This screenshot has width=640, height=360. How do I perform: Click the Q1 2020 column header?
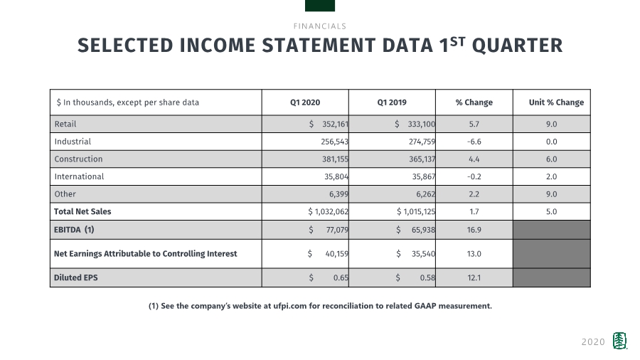(305, 102)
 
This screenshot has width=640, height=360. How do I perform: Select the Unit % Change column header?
(556, 102)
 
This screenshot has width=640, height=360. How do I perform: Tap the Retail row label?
(65, 124)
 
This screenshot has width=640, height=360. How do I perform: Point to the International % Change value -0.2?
(474, 176)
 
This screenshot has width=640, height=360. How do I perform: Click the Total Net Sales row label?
(82, 211)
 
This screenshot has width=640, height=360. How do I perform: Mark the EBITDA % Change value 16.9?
(474, 230)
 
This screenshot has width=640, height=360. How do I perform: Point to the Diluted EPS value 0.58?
(427, 277)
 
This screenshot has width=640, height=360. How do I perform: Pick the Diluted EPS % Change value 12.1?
(474, 277)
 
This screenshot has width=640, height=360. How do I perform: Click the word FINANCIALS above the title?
(319, 26)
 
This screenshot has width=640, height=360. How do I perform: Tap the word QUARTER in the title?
(517, 46)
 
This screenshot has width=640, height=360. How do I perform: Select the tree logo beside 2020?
(620, 341)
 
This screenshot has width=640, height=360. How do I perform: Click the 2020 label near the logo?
(593, 342)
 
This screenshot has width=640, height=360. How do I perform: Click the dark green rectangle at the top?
(320, 6)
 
